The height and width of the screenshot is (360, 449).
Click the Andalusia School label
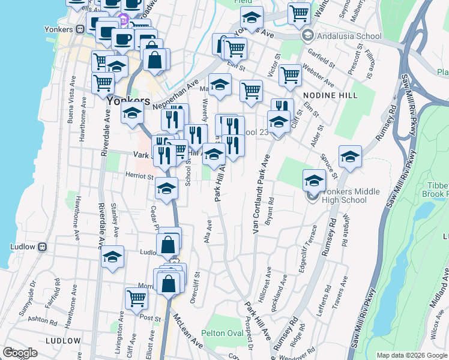pyautogui.click(x=351, y=36)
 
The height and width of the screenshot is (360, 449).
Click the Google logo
pyautogui.click(x=20, y=353)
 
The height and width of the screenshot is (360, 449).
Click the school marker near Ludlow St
pyautogui.click(x=112, y=257)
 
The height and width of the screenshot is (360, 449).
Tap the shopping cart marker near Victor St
pyautogui.click(x=290, y=74)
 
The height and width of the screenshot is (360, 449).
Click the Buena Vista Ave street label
pyautogui.click(x=72, y=99)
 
